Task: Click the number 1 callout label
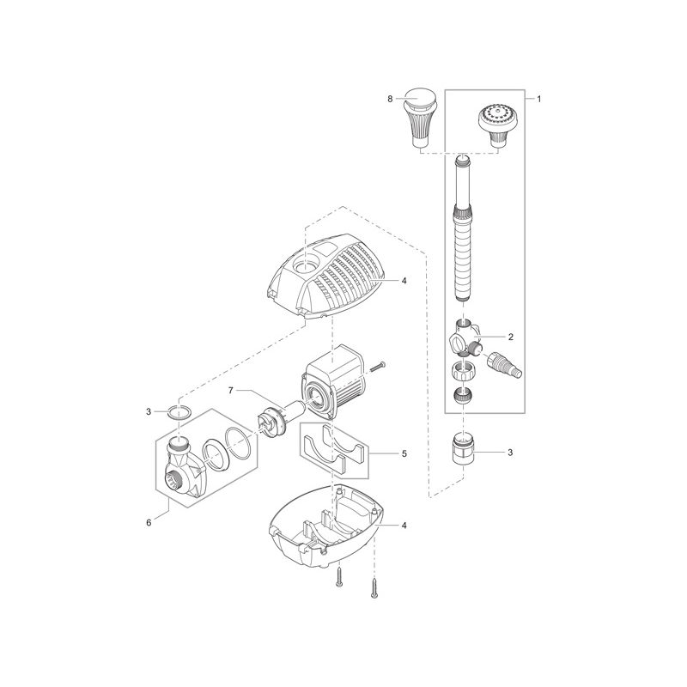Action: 538,100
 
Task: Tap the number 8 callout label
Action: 390,100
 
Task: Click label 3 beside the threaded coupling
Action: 510,452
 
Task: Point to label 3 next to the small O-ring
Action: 149,412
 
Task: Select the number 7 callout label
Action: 231,391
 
